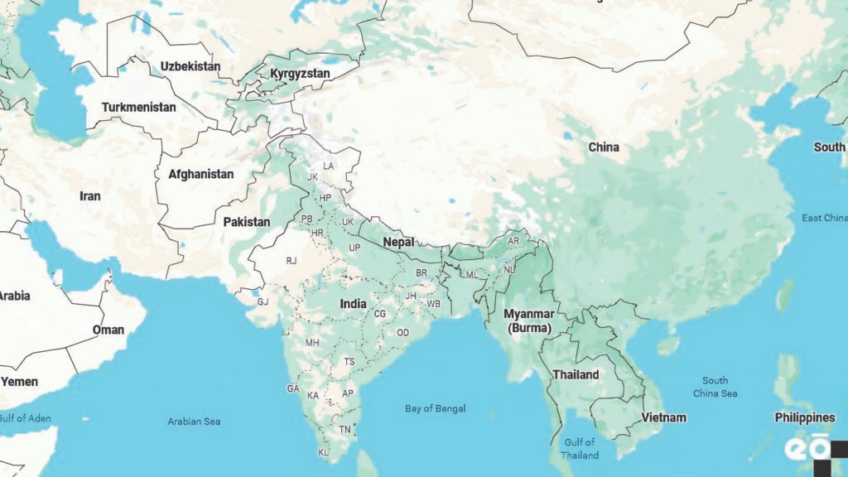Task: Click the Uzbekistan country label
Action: (190, 65)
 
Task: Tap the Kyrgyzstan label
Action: (300, 74)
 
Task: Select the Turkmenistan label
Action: (138, 108)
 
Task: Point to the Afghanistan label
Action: (200, 175)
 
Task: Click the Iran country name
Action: (89, 196)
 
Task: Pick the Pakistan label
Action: (246, 222)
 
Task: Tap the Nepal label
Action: (398, 243)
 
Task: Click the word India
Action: (353, 304)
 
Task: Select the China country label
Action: (603, 147)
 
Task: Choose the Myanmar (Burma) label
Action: (528, 320)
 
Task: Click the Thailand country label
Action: (576, 374)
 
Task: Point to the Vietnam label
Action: (664, 417)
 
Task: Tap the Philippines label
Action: (804, 417)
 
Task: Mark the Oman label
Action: (108, 330)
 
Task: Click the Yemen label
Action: (19, 382)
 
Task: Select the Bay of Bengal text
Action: (435, 408)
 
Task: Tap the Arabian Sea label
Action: (194, 422)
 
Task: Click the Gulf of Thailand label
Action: (579, 449)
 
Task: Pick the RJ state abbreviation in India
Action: (291, 260)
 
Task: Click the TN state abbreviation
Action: (344, 429)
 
